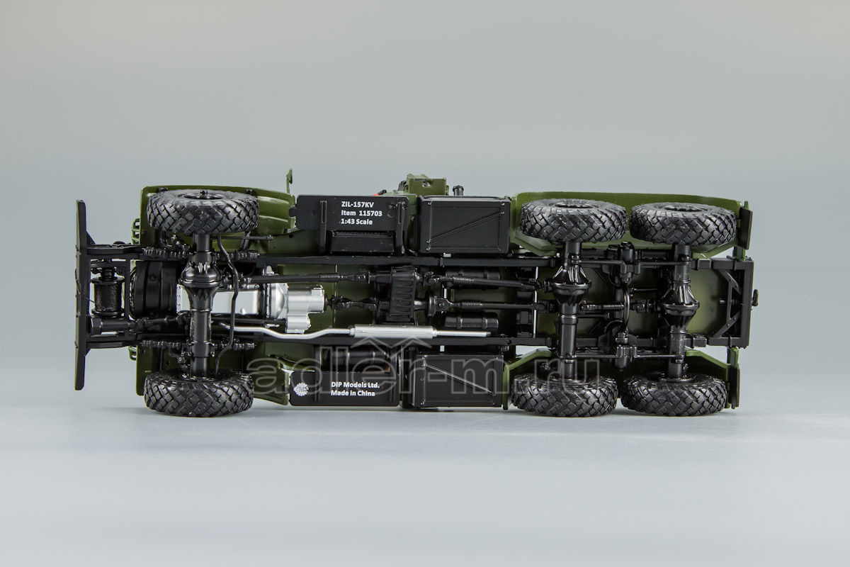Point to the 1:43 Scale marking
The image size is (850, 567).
(356, 221)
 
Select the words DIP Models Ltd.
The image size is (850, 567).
(354, 385)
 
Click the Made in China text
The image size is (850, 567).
(353, 393)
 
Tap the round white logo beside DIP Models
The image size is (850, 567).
(302, 389)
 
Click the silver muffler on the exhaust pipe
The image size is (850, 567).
(419, 332)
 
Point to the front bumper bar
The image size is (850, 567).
(81, 295)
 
